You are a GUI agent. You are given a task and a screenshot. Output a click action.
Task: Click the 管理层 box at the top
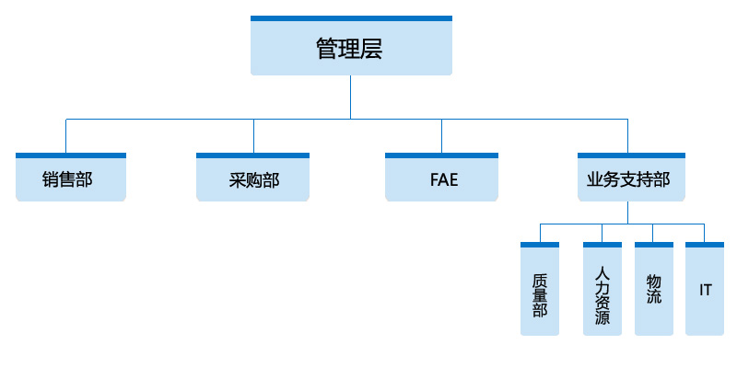[351, 48]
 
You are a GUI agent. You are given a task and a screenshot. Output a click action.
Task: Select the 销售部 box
[70, 179]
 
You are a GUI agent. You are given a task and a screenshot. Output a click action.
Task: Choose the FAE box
[442, 179]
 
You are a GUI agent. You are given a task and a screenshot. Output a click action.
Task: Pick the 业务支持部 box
[631, 179]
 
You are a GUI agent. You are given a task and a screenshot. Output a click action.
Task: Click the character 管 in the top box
[327, 49]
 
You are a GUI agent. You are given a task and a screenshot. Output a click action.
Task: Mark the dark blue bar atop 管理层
[351, 18]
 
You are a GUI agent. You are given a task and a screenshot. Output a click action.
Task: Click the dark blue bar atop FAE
[442, 155]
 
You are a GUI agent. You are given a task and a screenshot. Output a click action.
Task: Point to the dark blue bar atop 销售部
[70, 155]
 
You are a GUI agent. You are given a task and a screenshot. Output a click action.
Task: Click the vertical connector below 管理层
[351, 97]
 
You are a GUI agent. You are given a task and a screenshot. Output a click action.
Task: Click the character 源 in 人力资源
[602, 318]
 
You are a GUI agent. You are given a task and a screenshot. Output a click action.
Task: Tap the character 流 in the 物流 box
[653, 299]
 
